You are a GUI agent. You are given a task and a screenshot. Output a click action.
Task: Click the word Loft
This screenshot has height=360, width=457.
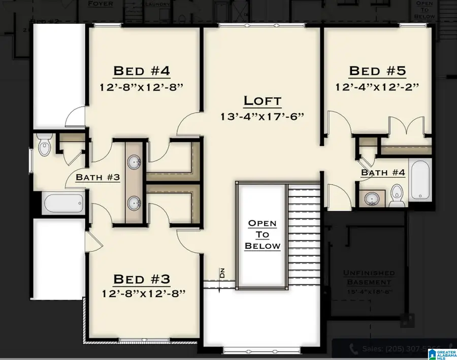point(262,101)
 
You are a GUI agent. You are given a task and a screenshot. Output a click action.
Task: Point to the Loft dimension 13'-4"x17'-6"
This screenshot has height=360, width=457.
point(262,116)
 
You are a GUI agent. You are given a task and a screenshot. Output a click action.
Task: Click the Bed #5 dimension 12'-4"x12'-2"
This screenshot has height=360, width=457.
point(377,86)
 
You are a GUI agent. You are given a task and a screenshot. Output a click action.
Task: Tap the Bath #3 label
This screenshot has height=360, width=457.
point(97,177)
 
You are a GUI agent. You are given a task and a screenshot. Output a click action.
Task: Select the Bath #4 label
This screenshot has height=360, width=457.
point(383,173)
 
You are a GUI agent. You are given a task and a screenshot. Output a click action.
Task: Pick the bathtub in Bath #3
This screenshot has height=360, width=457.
point(63,205)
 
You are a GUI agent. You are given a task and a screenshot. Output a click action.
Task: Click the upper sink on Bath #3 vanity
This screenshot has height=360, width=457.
point(135,163)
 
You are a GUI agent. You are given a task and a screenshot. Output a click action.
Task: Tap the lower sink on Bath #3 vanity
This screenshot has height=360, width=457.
point(135,203)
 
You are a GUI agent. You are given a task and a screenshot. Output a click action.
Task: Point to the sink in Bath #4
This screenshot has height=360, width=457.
point(373,199)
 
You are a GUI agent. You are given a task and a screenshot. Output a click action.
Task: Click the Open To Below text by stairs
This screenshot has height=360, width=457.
point(262,235)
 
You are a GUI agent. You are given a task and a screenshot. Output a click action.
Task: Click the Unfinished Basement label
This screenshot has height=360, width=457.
point(369,277)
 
